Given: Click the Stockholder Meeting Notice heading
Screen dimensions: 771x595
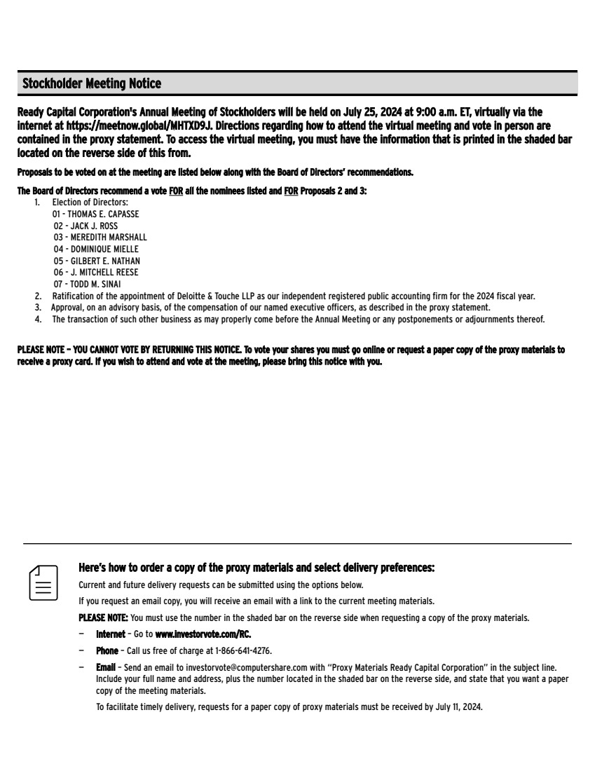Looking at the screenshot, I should (92, 84).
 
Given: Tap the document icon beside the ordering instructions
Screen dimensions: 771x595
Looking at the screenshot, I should (43, 582).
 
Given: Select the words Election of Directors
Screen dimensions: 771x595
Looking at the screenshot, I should (90, 203).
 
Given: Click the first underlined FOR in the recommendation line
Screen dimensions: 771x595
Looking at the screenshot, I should (177, 191).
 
